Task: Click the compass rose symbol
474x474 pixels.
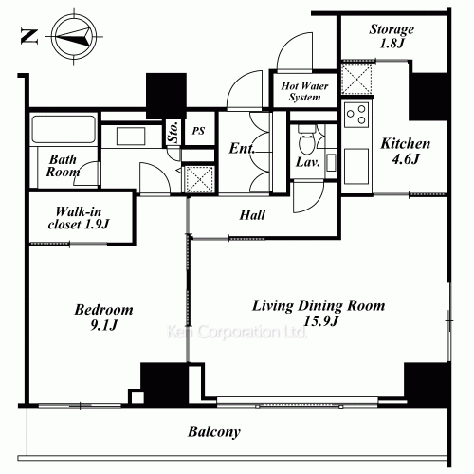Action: click(74, 35)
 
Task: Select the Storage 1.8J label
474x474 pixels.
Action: click(390, 35)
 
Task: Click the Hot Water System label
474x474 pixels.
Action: click(303, 91)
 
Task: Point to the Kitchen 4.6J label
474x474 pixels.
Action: click(406, 153)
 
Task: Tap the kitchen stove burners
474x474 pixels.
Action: click(358, 118)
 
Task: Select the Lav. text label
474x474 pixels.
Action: click(306, 164)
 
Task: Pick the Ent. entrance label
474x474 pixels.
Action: click(241, 148)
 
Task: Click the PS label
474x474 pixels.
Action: click(199, 131)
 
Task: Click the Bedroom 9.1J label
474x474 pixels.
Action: click(103, 319)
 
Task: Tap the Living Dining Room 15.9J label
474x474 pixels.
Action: click(318, 314)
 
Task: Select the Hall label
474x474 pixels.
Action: click(252, 215)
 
